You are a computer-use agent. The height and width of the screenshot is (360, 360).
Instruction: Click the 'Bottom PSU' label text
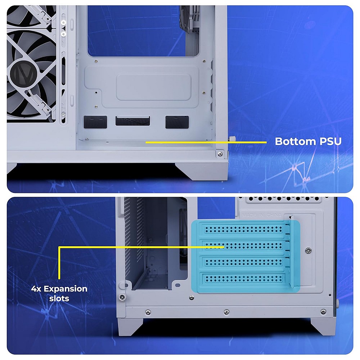308,141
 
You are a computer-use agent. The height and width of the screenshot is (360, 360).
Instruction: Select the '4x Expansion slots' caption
59,293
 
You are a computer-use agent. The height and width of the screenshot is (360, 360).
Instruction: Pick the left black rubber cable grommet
95,122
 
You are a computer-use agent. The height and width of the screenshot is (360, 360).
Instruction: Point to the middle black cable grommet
132,121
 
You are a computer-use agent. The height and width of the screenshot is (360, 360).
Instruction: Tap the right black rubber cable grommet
177,122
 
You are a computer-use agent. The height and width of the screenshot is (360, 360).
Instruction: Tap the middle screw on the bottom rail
226,312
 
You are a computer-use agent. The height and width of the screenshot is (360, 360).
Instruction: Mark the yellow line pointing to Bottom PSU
205,142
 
